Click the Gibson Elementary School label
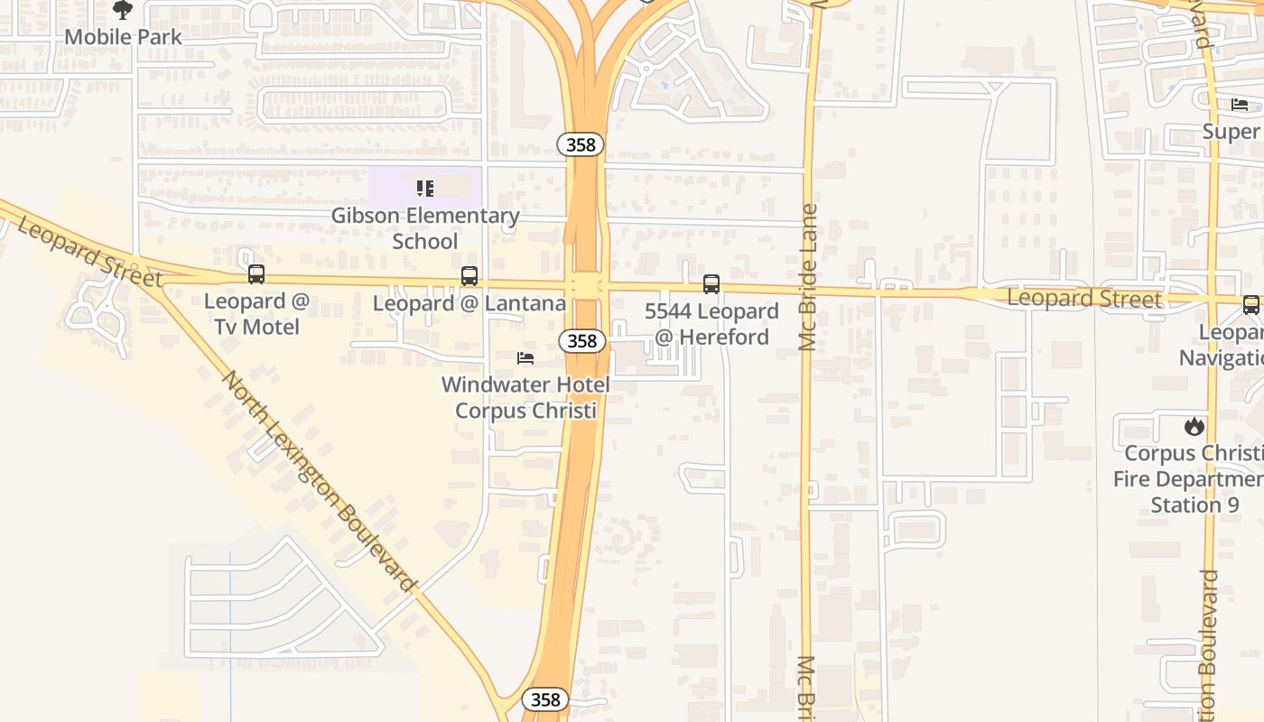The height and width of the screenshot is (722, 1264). (424, 228)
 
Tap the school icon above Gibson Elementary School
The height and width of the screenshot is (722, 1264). (424, 189)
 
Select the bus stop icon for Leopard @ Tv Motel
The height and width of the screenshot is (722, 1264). (256, 274)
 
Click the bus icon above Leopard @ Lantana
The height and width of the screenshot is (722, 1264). (469, 276)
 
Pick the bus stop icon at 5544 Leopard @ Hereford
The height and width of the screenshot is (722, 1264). (711, 284)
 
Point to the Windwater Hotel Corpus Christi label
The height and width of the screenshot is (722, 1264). (525, 397)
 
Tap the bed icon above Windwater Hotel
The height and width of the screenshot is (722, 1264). (525, 358)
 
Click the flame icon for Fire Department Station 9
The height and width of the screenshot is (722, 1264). (1194, 426)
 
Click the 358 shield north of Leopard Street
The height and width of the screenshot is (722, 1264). (580, 143)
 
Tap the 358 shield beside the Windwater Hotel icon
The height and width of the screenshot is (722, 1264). (581, 340)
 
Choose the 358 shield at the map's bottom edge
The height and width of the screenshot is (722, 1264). (545, 699)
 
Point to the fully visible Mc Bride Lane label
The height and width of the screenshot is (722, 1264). (808, 277)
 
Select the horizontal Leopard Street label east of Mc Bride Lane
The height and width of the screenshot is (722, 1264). (1083, 298)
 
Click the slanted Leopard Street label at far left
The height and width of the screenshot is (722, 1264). (88, 252)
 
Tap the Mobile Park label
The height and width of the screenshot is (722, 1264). (123, 37)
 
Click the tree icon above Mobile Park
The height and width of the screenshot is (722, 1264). (123, 10)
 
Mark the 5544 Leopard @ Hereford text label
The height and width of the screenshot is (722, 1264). (711, 324)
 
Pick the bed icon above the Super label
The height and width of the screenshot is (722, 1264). (1240, 105)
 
